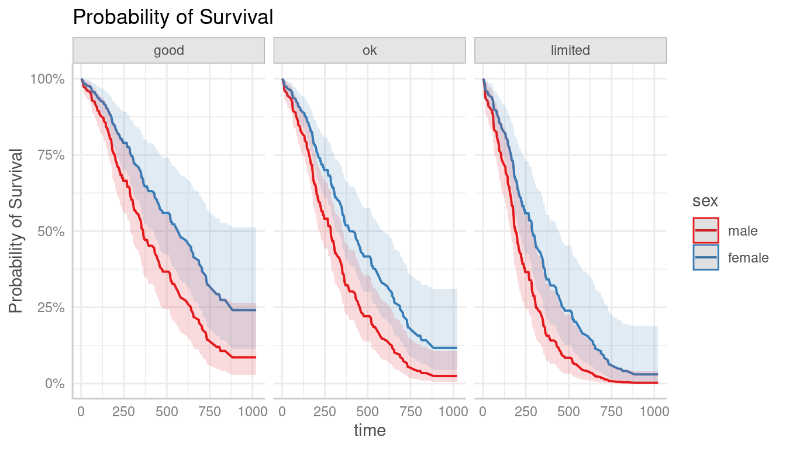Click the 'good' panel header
pyautogui.click(x=168, y=50)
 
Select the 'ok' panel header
pyautogui.click(x=369, y=50)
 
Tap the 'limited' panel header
pyautogui.click(x=570, y=50)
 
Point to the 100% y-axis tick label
pyautogui.click(x=47, y=79)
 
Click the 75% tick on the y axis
pyautogui.click(x=50, y=155)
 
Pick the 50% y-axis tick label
pyautogui.click(x=50, y=232)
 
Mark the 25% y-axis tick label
pyautogui.click(x=50, y=308)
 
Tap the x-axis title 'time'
pyautogui.click(x=369, y=431)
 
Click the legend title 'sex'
pyautogui.click(x=705, y=201)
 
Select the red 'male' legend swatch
pyautogui.click(x=705, y=230)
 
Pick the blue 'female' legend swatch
pyautogui.click(x=705, y=257)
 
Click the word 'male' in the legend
pyautogui.click(x=743, y=231)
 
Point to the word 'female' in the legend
pyautogui.click(x=748, y=258)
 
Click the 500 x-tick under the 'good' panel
pyautogui.click(x=167, y=412)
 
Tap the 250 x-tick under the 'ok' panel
pyautogui.click(x=325, y=412)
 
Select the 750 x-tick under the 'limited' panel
pyautogui.click(x=612, y=412)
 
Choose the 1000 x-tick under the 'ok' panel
pyautogui.click(x=453, y=412)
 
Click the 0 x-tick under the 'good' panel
pyautogui.click(x=81, y=412)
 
